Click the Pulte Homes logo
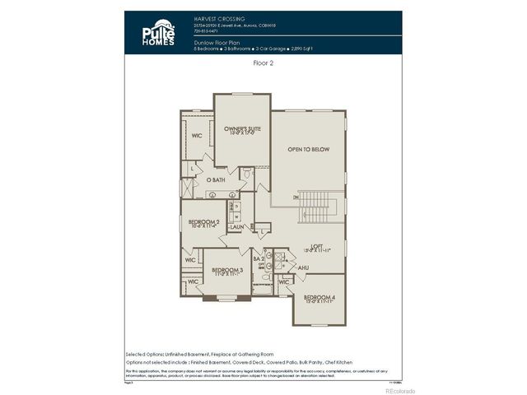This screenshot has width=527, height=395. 156,34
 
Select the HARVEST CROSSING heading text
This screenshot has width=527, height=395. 217,16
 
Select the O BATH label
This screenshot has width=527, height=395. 216,179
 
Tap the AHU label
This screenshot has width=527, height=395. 303,267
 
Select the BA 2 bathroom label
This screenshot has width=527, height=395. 259,260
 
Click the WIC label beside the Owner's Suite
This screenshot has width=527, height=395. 197,136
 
